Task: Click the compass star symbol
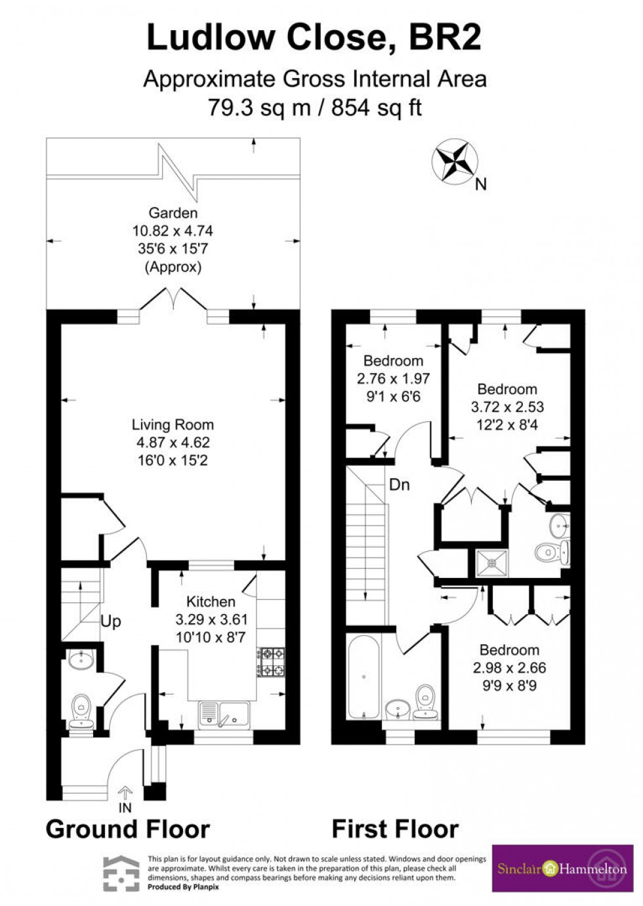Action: coord(454,160)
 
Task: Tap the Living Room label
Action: coord(173,425)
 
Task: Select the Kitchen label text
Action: coord(211,602)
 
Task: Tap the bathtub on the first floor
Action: coord(362,676)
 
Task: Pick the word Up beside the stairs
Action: coord(111,621)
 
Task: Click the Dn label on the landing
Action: coord(399,485)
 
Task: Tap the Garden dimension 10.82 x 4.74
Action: coord(173,231)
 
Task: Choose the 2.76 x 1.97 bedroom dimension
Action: coord(393,379)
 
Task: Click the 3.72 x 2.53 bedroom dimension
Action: coord(507,407)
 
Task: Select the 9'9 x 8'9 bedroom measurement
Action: coord(509,686)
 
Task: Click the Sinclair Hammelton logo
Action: coord(562,867)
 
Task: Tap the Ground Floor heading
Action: coord(128,829)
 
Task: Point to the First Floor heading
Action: coord(395,829)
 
